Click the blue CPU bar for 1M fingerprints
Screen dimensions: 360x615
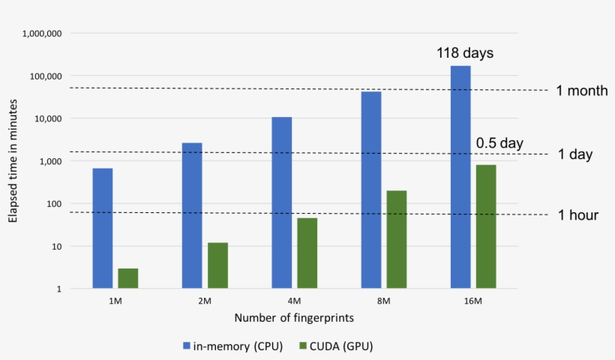click(103, 228)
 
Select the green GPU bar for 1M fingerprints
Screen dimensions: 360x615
click(128, 278)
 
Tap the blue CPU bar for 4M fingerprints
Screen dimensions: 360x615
click(282, 202)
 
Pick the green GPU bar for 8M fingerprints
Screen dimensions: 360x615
click(397, 239)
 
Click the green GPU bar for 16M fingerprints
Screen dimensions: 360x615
click(486, 226)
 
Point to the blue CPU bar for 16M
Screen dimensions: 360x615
click(460, 177)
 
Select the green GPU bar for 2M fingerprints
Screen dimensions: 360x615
click(218, 265)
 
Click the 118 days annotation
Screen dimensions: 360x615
click(465, 54)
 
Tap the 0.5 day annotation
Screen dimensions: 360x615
click(499, 143)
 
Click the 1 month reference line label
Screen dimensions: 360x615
click(581, 91)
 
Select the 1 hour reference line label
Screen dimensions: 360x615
click(577, 215)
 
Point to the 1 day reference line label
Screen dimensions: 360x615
click(575, 154)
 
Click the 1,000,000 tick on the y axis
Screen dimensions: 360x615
click(42, 34)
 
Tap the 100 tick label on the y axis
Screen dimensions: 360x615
click(53, 204)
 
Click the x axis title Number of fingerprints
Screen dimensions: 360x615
click(294, 318)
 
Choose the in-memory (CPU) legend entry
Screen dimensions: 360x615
click(233, 346)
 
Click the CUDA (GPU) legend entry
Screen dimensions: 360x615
click(337, 346)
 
